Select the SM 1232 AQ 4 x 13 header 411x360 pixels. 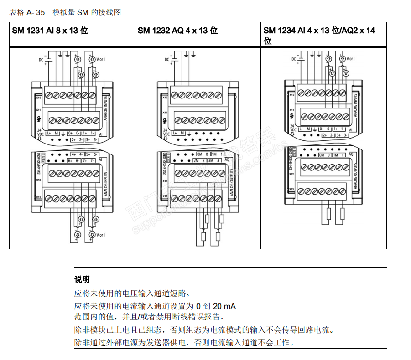pyautogui.click(x=177, y=31)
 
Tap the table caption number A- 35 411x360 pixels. pyautogui.click(x=36, y=12)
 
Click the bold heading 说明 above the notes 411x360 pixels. pyautogui.click(x=82, y=279)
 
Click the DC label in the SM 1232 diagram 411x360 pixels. pyautogui.click(x=167, y=59)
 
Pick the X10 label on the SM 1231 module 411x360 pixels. pyautogui.click(x=38, y=98)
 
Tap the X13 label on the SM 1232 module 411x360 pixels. pyautogui.click(x=164, y=197)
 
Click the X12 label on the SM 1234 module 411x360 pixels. pyautogui.click(x=291, y=174)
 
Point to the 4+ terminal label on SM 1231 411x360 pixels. pyautogui.click(x=73, y=154)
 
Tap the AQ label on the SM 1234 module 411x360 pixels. pyautogui.click(x=351, y=154)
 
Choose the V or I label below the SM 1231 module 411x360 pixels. pyautogui.click(x=101, y=235)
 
